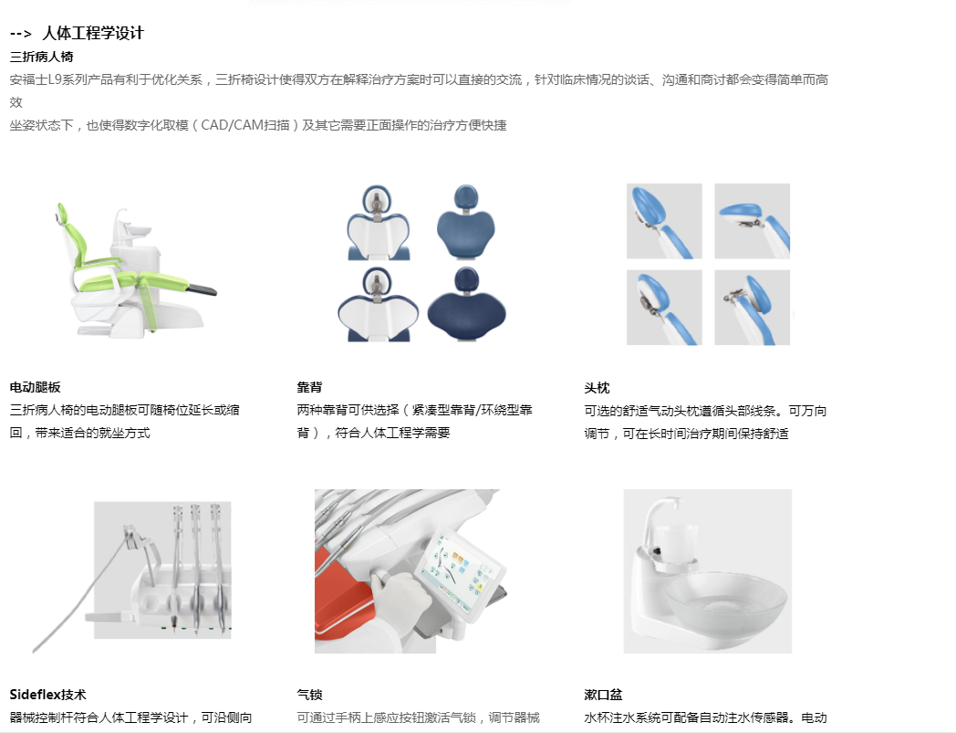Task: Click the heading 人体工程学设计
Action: click(x=93, y=33)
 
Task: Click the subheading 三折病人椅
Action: click(x=41, y=57)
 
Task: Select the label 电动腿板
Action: click(x=36, y=387)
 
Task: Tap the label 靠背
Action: click(x=309, y=387)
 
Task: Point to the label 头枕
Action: click(x=597, y=388)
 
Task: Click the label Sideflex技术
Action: click(x=48, y=695)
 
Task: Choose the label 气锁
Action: click(x=309, y=695)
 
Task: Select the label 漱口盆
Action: click(x=603, y=695)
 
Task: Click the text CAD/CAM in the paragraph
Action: click(x=233, y=125)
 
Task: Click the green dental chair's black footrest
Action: click(x=202, y=288)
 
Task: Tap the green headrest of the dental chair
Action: click(x=62, y=214)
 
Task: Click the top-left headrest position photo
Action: click(x=664, y=221)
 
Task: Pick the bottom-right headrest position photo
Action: click(x=752, y=308)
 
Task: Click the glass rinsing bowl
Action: click(x=725, y=601)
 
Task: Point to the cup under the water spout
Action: click(x=676, y=544)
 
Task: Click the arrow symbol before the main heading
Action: click(x=21, y=34)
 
